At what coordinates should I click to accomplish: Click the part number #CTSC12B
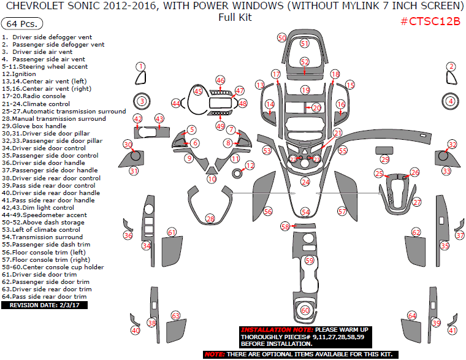pyautogui.click(x=430, y=21)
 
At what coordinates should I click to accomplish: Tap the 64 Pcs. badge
pyautogui.click(x=23, y=24)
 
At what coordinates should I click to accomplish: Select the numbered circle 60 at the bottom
pyautogui.click(x=305, y=310)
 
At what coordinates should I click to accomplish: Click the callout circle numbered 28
pyautogui.click(x=210, y=219)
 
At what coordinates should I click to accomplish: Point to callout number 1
pyautogui.click(x=141, y=66)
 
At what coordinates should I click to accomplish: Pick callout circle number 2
pyautogui.click(x=451, y=67)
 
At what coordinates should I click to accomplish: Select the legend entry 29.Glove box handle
pyautogui.click(x=37, y=126)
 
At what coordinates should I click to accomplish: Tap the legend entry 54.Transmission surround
pyautogui.click(x=42, y=237)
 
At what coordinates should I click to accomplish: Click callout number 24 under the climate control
pyautogui.click(x=305, y=182)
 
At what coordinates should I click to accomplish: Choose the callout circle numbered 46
pyautogui.click(x=220, y=80)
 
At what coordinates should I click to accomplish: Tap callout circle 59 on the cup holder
pyautogui.click(x=309, y=261)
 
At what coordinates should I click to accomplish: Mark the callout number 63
pyautogui.click(x=176, y=316)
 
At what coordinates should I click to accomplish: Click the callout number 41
pyautogui.click(x=453, y=331)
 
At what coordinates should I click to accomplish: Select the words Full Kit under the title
pyautogui.click(x=235, y=17)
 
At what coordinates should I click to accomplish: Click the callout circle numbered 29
pyautogui.click(x=384, y=159)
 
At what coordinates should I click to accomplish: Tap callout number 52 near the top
pyautogui.click(x=305, y=62)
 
